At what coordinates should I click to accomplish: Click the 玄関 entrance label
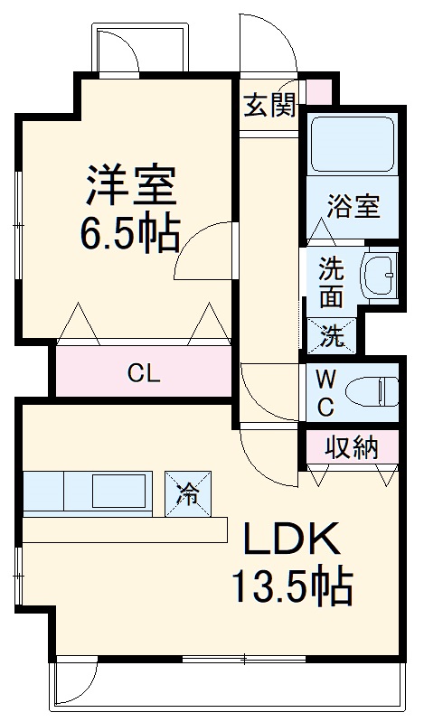[269, 107]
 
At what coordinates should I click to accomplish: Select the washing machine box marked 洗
[332, 336]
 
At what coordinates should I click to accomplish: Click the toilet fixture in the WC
[375, 391]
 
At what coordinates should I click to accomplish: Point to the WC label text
[325, 391]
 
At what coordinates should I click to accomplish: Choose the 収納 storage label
[350, 445]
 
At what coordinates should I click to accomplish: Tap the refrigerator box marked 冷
[188, 492]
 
